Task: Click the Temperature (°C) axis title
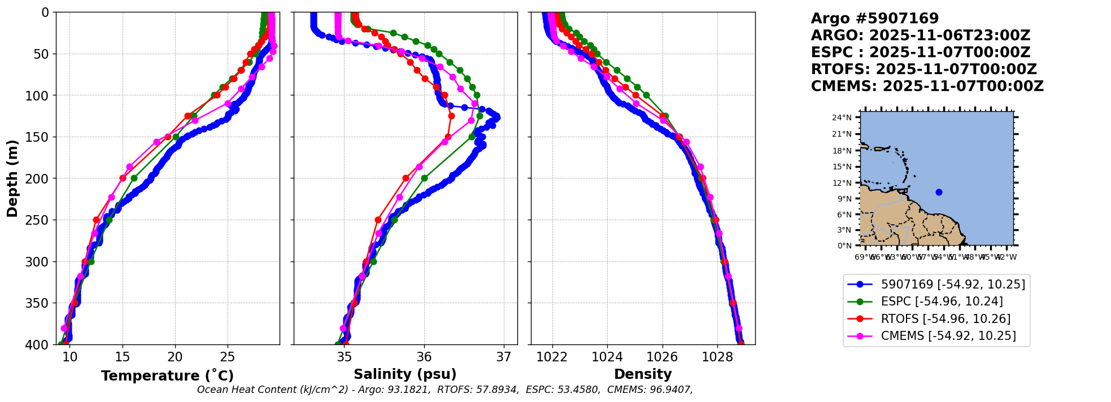click(167, 376)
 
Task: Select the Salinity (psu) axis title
click(405, 374)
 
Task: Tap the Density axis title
click(643, 374)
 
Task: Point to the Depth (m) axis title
click(12, 178)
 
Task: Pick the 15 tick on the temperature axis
click(123, 357)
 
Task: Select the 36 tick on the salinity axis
click(424, 357)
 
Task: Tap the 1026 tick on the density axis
click(662, 357)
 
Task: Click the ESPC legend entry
click(942, 301)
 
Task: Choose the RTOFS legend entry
click(946, 319)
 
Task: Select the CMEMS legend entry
click(948, 336)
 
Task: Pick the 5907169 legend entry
click(953, 284)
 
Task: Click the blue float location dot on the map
click(939, 192)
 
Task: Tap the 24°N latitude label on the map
click(842, 117)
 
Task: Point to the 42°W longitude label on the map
click(1007, 257)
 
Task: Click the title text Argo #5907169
click(874, 19)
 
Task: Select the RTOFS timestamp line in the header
click(923, 69)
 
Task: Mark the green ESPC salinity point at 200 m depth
click(424, 178)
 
